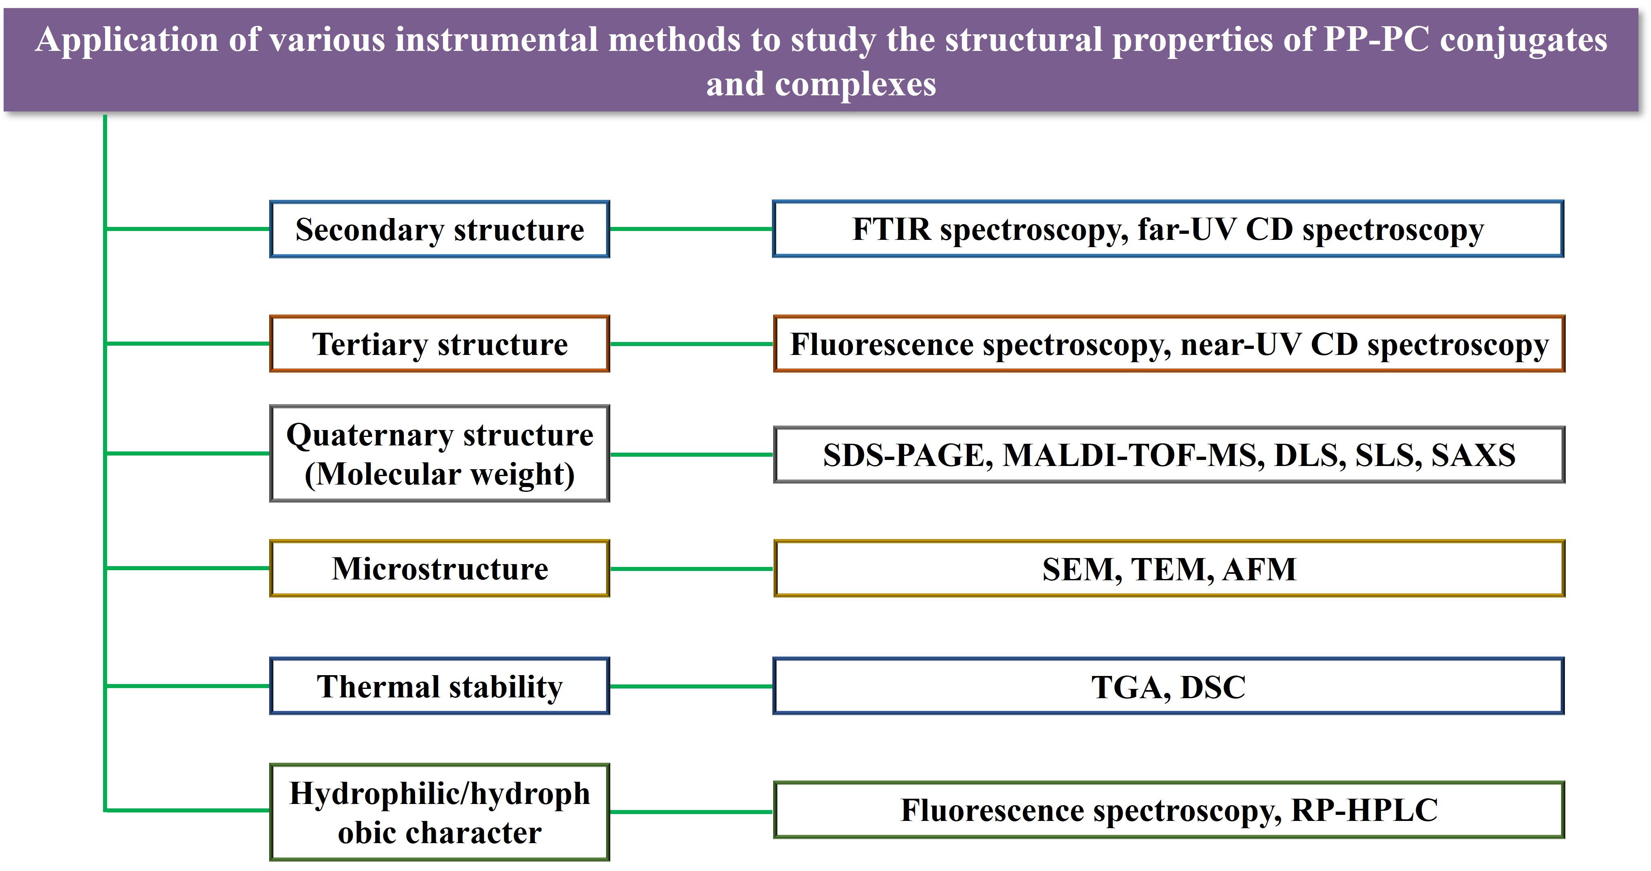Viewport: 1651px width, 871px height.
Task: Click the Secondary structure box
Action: (440, 229)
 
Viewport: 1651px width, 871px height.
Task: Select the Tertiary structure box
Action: (440, 344)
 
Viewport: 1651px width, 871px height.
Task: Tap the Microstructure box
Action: (440, 569)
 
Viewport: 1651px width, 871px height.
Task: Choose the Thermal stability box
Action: (440, 686)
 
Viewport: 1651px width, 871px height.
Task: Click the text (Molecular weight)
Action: (440, 474)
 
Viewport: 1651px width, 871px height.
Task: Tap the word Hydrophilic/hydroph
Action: (440, 793)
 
